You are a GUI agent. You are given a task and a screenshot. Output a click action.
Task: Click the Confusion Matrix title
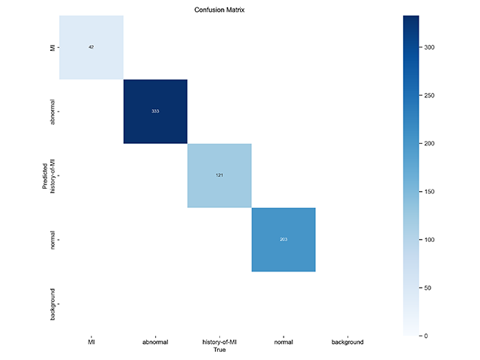[219, 8]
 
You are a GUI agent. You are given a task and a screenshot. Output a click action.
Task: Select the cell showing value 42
[92, 47]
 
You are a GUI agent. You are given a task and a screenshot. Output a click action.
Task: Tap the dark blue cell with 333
[155, 111]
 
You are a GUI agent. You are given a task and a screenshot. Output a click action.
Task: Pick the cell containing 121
[219, 176]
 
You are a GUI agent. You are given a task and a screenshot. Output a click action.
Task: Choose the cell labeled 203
[284, 240]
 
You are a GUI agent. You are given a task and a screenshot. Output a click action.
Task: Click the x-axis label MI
[92, 342]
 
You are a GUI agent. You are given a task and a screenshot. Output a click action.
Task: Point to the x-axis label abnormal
[155, 342]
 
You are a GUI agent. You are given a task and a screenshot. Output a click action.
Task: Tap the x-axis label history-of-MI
[219, 342]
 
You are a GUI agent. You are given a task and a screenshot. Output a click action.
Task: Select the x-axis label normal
[284, 342]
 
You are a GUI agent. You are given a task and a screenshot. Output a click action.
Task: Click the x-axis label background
[347, 342]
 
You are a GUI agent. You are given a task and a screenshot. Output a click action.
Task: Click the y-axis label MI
[52, 47]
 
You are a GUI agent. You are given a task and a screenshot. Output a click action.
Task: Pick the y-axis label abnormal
[52, 111]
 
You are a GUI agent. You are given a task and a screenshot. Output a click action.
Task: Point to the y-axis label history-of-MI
[52, 176]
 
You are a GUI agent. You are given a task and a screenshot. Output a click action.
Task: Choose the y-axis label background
[52, 304]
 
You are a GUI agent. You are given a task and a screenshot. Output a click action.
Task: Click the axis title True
[219, 350]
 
